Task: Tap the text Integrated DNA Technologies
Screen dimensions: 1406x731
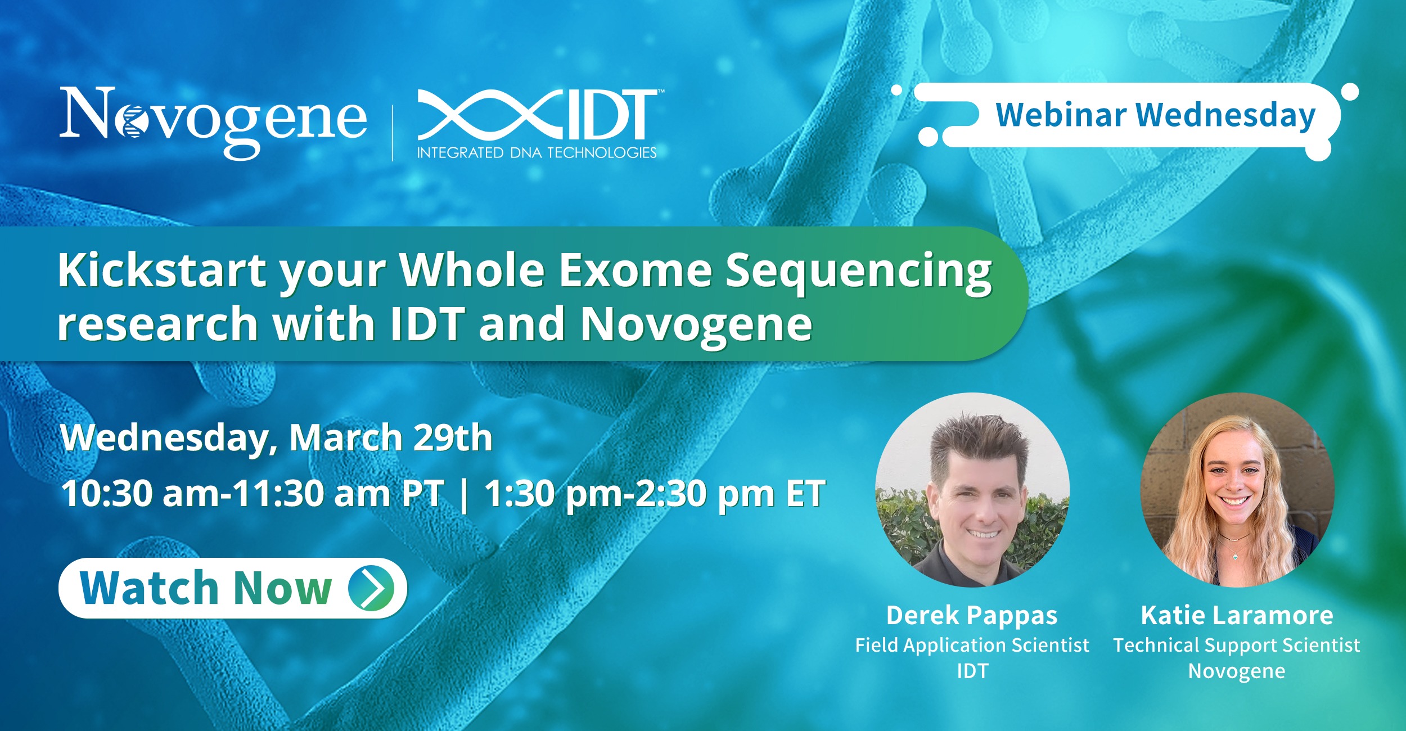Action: coord(537,153)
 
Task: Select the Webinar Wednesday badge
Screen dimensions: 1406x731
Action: coord(1125,115)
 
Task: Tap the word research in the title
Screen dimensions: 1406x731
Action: coord(158,324)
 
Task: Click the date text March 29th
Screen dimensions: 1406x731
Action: coord(391,437)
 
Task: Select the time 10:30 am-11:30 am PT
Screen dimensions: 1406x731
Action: coord(253,494)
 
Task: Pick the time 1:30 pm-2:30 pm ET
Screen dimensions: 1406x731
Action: coord(655,494)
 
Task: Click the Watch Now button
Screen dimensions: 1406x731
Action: coord(233,588)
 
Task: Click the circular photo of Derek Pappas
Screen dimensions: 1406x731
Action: coord(972,490)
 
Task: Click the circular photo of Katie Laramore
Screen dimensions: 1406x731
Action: coord(1237,490)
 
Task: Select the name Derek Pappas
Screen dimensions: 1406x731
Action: coord(972,616)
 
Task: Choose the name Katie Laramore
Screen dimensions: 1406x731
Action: coord(1237,615)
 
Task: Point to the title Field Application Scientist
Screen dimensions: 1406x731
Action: coord(972,646)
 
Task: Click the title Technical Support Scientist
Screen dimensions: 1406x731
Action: coord(1237,646)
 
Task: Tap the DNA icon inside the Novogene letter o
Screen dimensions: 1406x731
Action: coord(130,122)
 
